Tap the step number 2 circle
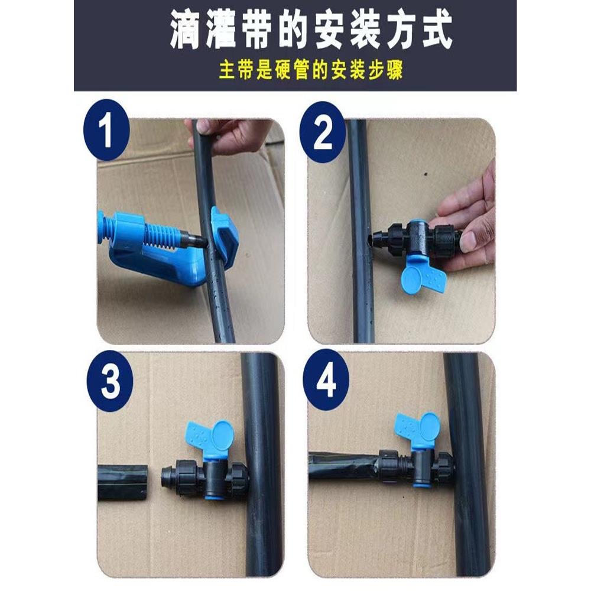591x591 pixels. tap(323, 132)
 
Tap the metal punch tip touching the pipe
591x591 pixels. tap(196, 241)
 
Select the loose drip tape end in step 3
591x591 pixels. tap(122, 482)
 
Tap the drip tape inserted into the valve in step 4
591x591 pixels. tap(343, 465)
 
